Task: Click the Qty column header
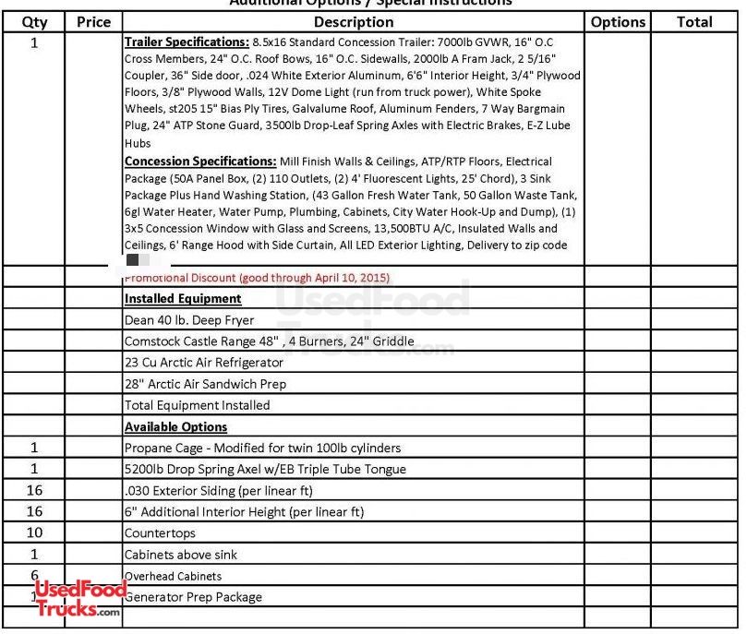tap(34, 21)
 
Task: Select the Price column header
tap(93, 21)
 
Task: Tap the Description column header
tap(354, 21)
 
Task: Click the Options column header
tap(618, 21)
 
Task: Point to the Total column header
tap(694, 21)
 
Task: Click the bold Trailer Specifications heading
tap(187, 42)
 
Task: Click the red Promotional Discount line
tap(258, 278)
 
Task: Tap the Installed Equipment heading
tap(183, 299)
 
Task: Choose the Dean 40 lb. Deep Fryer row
tap(189, 320)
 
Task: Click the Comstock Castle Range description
tap(269, 341)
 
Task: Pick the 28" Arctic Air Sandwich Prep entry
tap(205, 384)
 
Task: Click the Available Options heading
tap(175, 427)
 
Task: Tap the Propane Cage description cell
tap(262, 449)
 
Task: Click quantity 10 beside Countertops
tap(34, 533)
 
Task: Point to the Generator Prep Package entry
tap(193, 597)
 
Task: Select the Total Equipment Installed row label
tap(197, 405)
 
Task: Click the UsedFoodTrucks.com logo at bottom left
tap(78, 598)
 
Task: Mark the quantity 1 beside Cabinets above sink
tap(34, 555)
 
